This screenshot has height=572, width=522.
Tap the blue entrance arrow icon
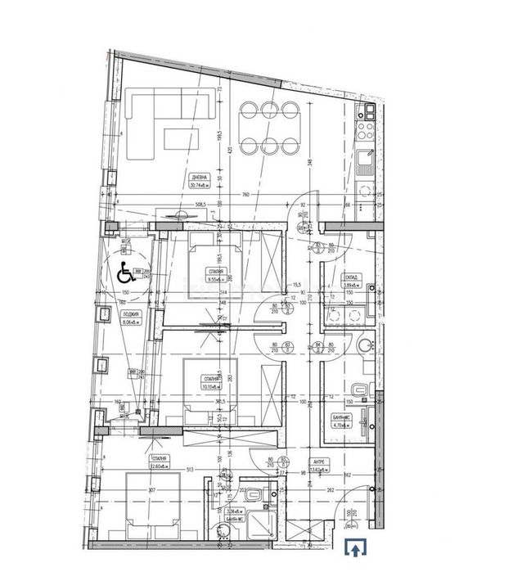tap(354, 548)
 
